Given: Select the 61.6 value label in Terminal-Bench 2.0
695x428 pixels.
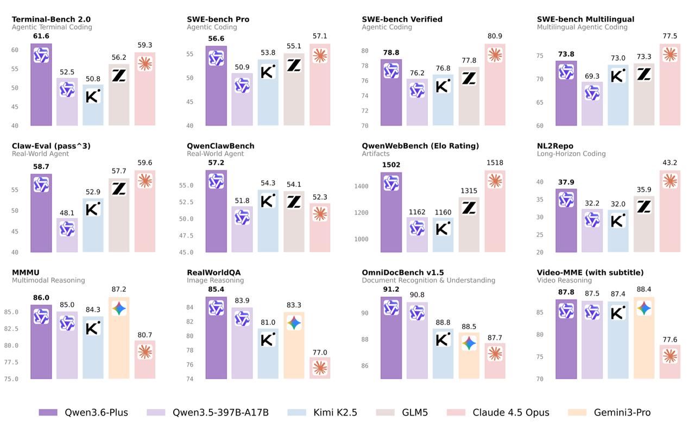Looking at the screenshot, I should [x=41, y=36].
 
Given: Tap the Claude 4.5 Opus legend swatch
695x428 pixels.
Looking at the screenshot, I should [x=456, y=412].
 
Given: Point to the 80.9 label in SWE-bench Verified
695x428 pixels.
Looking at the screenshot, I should [x=495, y=36].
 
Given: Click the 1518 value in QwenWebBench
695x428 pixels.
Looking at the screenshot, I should [x=495, y=163].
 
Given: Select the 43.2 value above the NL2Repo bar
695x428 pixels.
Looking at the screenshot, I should [x=669, y=163].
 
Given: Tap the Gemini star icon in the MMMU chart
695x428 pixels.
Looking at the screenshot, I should [x=119, y=309].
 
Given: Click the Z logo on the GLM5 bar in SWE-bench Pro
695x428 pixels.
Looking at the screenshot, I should [x=294, y=65].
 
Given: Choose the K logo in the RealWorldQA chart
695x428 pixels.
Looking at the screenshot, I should [x=268, y=340].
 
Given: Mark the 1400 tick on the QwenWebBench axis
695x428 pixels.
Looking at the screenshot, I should [x=361, y=186].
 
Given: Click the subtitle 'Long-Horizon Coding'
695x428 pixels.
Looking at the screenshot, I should [x=571, y=154].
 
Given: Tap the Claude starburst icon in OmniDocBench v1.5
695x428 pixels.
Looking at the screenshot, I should [x=495, y=354].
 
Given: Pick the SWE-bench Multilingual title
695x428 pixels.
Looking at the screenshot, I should [x=585, y=19].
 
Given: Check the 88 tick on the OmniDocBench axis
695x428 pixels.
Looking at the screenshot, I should [x=364, y=339].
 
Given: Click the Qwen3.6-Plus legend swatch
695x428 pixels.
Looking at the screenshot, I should [x=48, y=412].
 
